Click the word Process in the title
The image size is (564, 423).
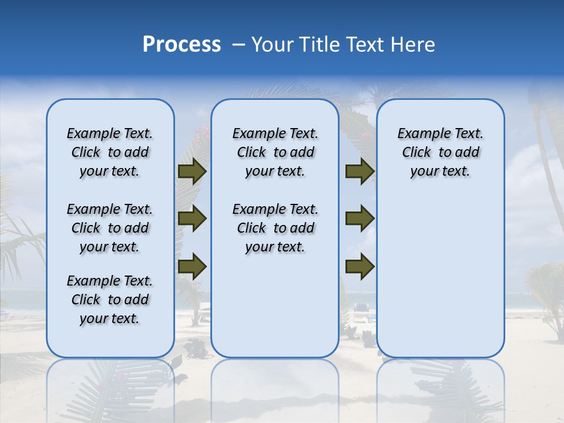tap(182, 44)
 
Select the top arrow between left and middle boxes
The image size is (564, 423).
tap(192, 172)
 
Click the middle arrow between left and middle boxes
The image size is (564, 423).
tap(192, 219)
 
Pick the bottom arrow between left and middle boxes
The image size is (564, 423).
tap(192, 266)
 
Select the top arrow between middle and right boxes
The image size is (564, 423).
tap(360, 172)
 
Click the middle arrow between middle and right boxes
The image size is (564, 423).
tap(360, 219)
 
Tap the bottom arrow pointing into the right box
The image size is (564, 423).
tap(360, 266)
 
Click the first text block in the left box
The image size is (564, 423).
tap(110, 152)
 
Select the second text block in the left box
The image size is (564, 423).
tap(110, 228)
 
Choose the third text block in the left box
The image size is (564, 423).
tap(110, 300)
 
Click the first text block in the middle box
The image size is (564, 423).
tap(276, 152)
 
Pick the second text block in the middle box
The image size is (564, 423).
tap(276, 228)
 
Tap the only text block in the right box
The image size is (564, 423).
tap(440, 152)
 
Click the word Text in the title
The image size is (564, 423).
tap(366, 45)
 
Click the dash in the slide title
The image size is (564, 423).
tap(239, 45)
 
